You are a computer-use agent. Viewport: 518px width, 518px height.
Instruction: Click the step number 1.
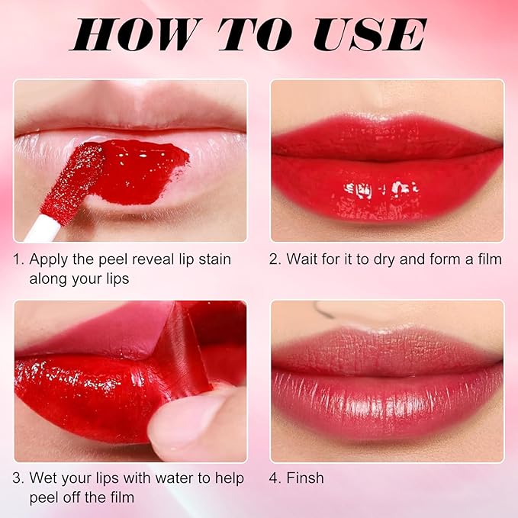(x=18, y=259)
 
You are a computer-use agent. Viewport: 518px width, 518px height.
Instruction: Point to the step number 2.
(x=275, y=259)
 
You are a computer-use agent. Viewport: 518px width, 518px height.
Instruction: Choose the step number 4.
(x=275, y=478)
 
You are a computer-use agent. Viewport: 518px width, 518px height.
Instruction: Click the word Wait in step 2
(x=301, y=259)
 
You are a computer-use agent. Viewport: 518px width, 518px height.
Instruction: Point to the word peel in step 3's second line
(x=44, y=497)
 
